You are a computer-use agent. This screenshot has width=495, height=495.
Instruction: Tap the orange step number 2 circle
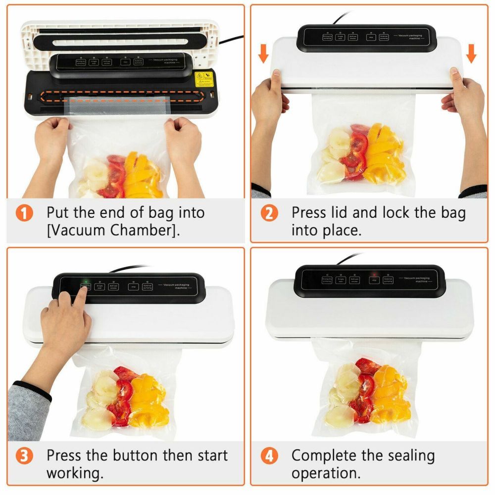tap(269, 213)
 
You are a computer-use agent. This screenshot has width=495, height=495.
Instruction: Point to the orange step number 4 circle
tap(269, 456)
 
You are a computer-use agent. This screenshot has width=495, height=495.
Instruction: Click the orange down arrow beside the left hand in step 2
tap(264, 53)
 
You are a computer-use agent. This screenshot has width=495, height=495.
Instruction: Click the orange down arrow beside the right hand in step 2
tap(471, 53)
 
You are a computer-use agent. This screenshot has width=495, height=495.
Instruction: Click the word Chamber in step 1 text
tap(142, 230)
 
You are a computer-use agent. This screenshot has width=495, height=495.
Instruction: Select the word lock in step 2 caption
tap(396, 213)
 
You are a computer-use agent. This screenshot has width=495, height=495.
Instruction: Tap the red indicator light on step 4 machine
tap(375, 273)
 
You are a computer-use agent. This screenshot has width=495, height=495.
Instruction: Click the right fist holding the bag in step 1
tap(183, 139)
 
